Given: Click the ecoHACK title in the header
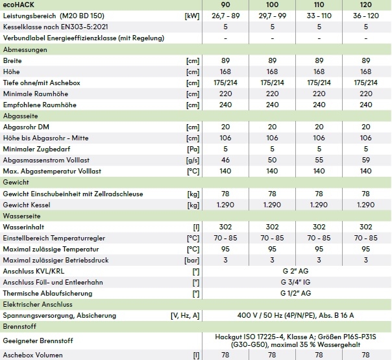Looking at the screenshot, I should [x=19, y=5].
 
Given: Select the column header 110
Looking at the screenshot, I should [x=319, y=5].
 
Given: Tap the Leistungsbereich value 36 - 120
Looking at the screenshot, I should [x=365, y=16].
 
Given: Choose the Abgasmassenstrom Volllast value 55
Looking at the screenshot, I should [x=319, y=160].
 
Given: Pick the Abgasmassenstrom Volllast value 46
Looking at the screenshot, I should [x=226, y=160].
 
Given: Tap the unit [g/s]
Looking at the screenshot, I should [x=192, y=160].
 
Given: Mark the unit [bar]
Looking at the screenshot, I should [x=192, y=260].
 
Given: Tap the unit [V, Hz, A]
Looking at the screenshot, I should [x=184, y=315].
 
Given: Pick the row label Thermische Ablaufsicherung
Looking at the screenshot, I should [x=48, y=293].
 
